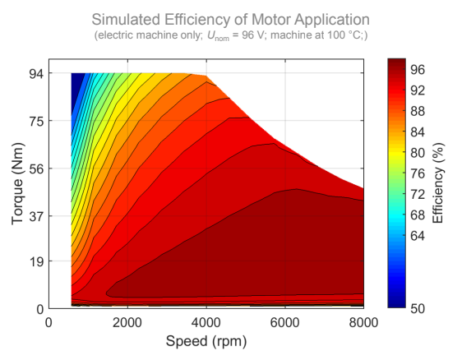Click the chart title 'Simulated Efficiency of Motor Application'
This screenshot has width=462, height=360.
pyautogui.click(x=230, y=20)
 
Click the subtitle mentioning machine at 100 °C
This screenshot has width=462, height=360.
pyautogui.click(x=231, y=35)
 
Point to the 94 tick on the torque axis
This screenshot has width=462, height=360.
pyautogui.click(x=36, y=74)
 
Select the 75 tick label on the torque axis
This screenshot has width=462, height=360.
pyautogui.click(x=36, y=121)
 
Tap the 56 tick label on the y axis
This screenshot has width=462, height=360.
pyautogui.click(x=36, y=168)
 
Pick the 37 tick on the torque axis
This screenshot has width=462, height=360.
pyautogui.click(x=36, y=216)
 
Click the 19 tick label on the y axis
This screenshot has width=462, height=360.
pyautogui.click(x=36, y=261)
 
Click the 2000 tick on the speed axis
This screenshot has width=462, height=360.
pyautogui.click(x=127, y=322)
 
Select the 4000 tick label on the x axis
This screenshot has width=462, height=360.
pyautogui.click(x=206, y=322)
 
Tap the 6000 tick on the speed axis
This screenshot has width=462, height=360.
pyautogui.click(x=284, y=322)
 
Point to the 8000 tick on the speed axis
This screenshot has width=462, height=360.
pyautogui.click(x=363, y=322)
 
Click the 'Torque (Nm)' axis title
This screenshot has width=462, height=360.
pyautogui.click(x=17, y=184)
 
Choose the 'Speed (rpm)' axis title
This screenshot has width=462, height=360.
pyautogui.click(x=206, y=341)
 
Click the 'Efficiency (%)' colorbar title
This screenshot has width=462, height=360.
pyautogui.click(x=438, y=183)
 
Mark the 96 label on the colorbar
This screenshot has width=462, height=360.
pyautogui.click(x=418, y=70)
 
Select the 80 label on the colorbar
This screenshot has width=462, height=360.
pyautogui.click(x=418, y=153)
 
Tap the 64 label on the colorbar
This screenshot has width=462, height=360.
pyautogui.click(x=418, y=236)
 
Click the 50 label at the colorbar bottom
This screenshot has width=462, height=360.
pyautogui.click(x=418, y=308)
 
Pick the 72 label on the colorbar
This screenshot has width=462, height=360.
pyautogui.click(x=418, y=195)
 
